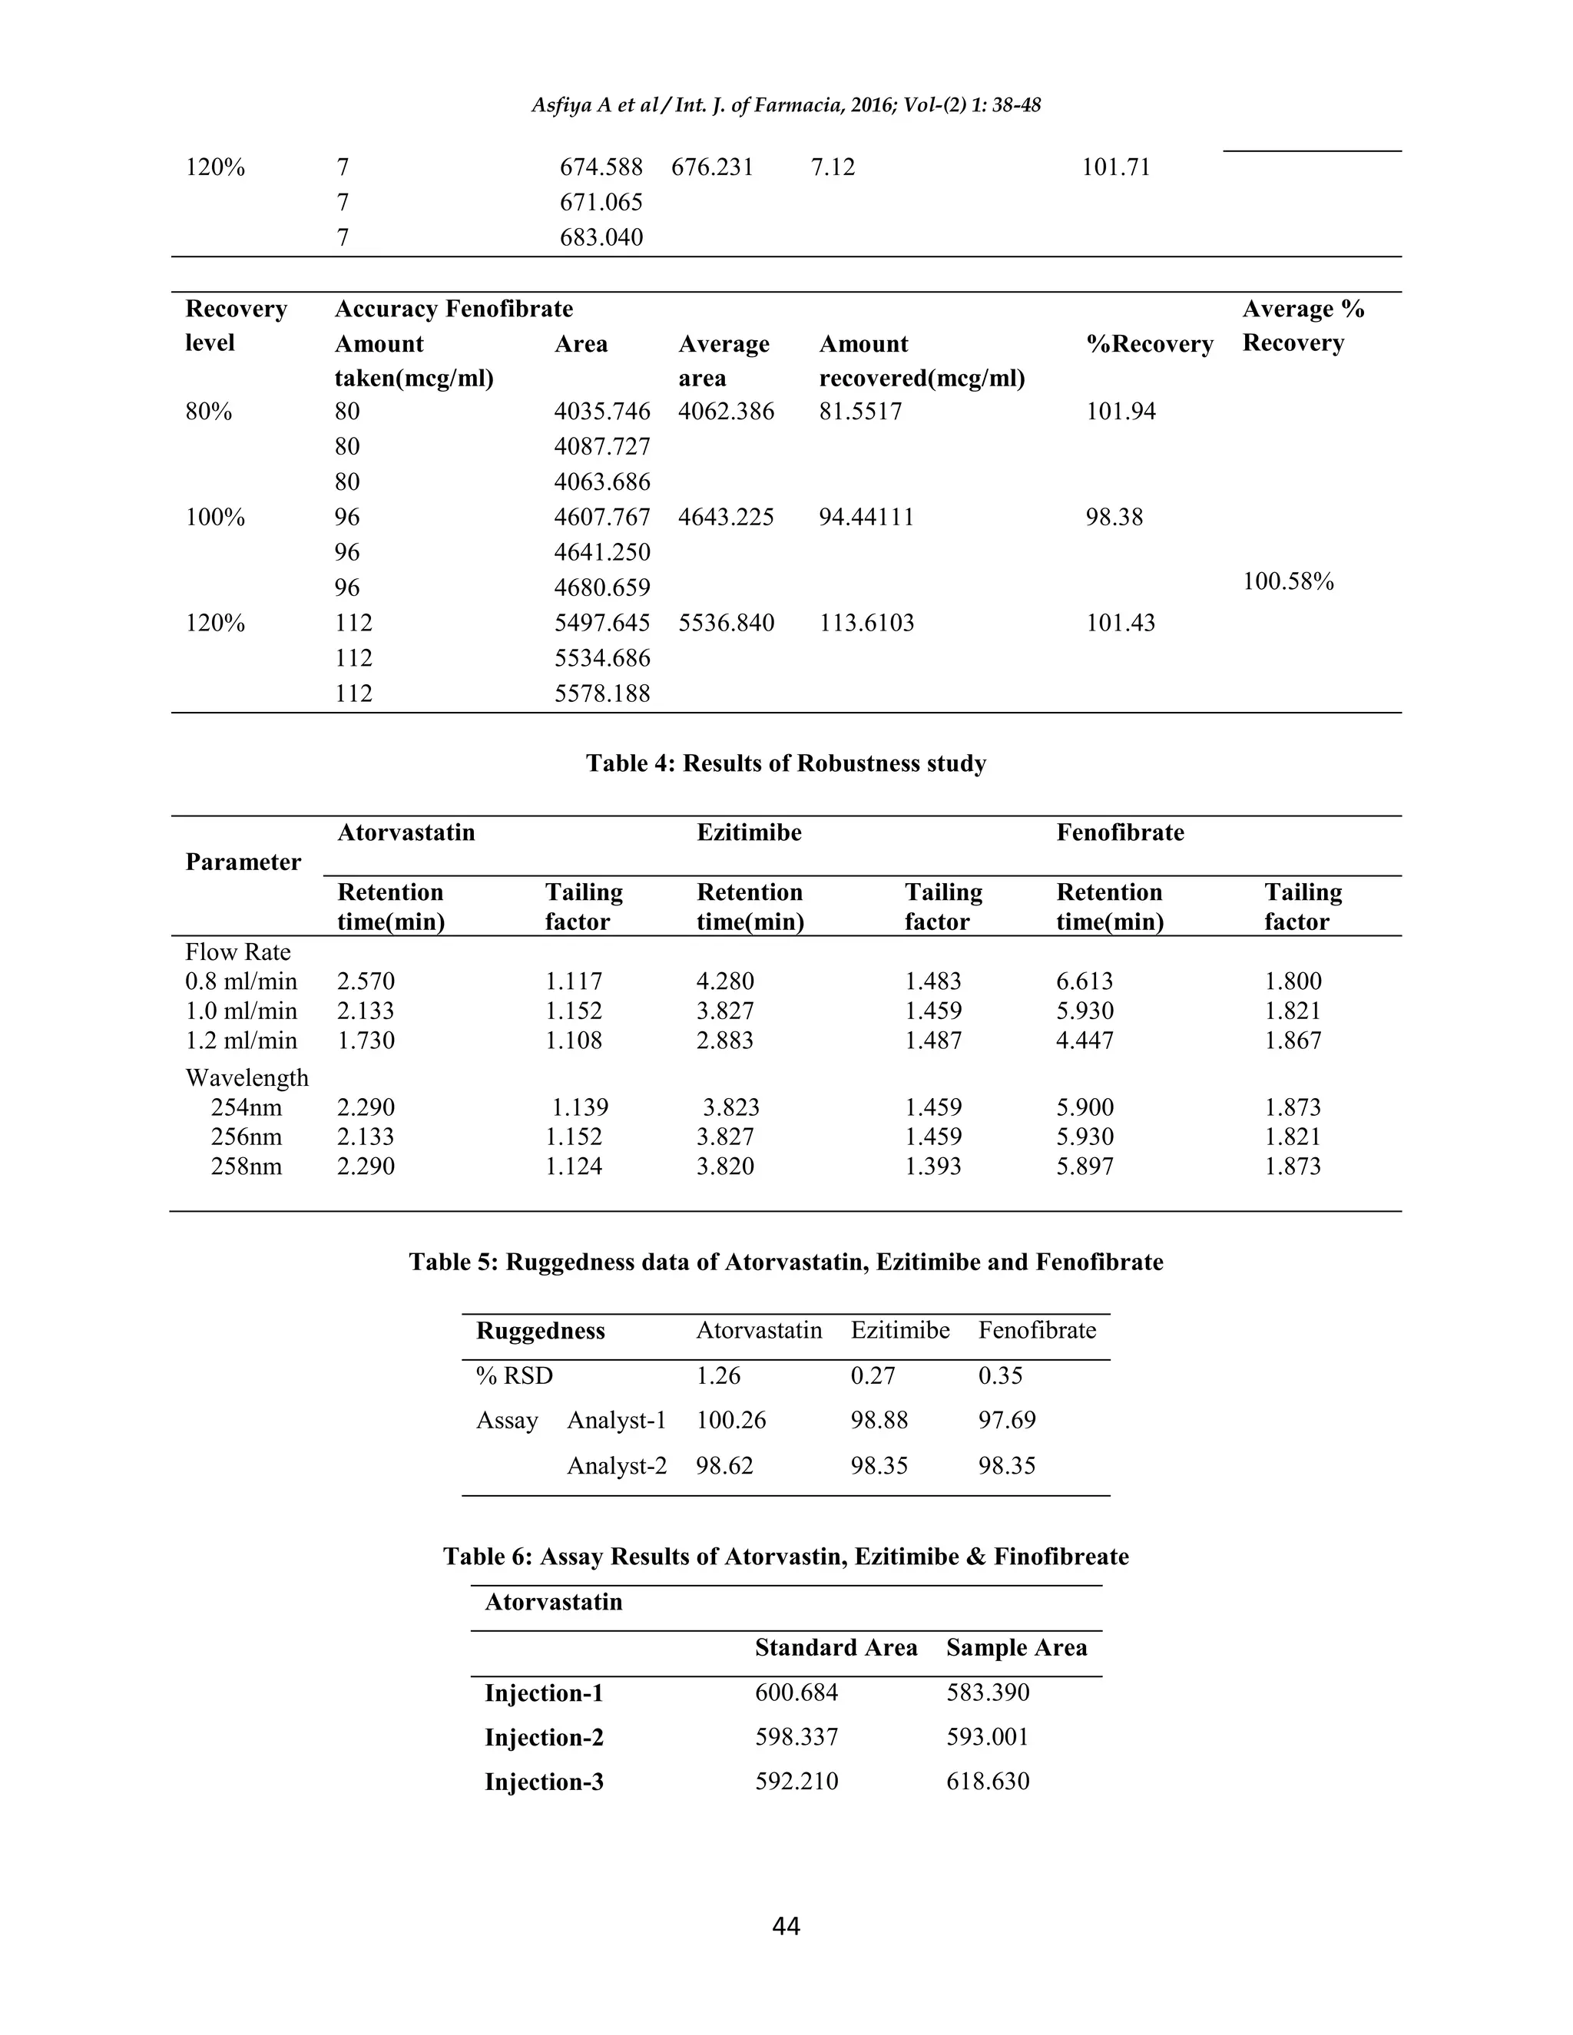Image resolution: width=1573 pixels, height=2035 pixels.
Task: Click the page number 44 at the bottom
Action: click(786, 1926)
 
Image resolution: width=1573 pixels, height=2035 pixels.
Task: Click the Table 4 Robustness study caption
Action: click(786, 763)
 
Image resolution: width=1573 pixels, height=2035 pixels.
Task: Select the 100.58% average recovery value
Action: click(1288, 581)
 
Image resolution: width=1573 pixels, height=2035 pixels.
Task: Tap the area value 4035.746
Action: click(602, 411)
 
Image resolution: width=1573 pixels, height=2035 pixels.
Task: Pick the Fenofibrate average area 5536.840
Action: click(726, 623)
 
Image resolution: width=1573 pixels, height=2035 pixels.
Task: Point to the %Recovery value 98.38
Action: click(1114, 517)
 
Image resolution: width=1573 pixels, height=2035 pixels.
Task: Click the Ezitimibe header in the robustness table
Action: click(748, 832)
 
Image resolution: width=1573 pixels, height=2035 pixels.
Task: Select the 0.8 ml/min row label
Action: click(241, 981)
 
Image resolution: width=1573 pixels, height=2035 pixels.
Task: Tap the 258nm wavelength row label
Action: click(246, 1166)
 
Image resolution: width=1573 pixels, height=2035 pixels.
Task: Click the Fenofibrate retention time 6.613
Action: click(1084, 981)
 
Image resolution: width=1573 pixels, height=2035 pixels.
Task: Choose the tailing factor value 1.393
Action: click(932, 1166)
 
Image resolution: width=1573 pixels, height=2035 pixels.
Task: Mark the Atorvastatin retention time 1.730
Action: click(366, 1040)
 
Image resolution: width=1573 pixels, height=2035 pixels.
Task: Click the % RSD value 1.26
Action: click(717, 1375)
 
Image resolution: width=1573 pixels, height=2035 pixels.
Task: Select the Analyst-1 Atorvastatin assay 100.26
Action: click(730, 1420)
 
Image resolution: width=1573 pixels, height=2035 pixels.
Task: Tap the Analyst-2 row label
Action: click(616, 1466)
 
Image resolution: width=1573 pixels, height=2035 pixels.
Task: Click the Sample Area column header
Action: click(1015, 1647)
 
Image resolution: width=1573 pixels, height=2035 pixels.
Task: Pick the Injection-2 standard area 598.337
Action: click(796, 1737)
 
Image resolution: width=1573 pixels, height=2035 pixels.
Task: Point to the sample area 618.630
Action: click(987, 1782)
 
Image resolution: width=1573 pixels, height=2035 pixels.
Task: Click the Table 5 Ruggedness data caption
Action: click(786, 1262)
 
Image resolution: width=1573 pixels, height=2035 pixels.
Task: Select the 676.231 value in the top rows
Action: click(712, 167)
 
